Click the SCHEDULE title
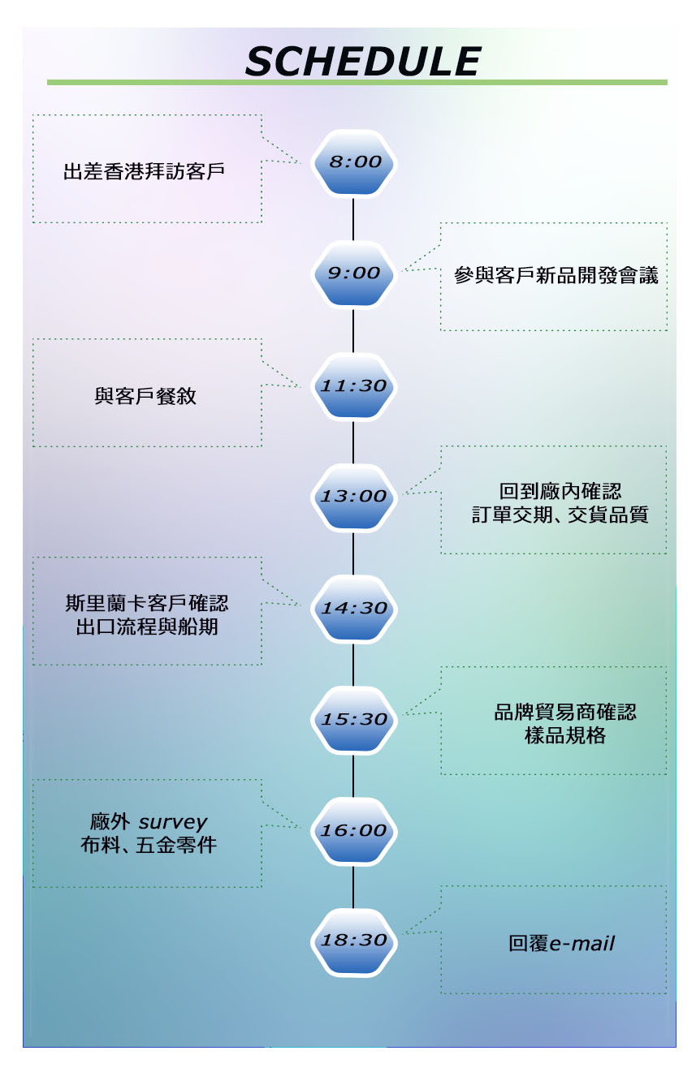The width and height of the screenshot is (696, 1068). click(x=363, y=62)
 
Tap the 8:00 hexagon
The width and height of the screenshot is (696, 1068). click(x=354, y=162)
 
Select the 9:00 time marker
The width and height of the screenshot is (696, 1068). click(x=354, y=273)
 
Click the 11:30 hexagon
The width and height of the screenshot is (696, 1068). click(x=354, y=385)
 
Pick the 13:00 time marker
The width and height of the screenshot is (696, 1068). click(x=354, y=497)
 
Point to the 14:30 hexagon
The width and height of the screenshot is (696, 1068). click(x=354, y=608)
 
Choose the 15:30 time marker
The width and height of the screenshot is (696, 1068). click(x=354, y=719)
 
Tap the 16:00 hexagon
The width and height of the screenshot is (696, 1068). click(x=354, y=831)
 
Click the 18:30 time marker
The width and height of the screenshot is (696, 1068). click(x=354, y=941)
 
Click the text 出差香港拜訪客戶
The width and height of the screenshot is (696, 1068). click(x=144, y=172)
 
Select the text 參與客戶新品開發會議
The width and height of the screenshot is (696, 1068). click(x=556, y=276)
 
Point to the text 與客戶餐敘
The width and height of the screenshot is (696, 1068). click(x=145, y=397)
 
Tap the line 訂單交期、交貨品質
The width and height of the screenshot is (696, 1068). click(x=560, y=515)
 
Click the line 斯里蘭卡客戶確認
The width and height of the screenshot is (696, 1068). click(x=147, y=604)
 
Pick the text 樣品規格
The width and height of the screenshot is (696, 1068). click(x=565, y=737)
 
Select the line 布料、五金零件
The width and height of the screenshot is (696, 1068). click(x=147, y=845)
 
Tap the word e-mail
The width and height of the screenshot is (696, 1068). click(x=582, y=944)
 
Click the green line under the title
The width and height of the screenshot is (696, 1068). click(x=357, y=82)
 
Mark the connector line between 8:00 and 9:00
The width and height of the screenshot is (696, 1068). click(x=354, y=217)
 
